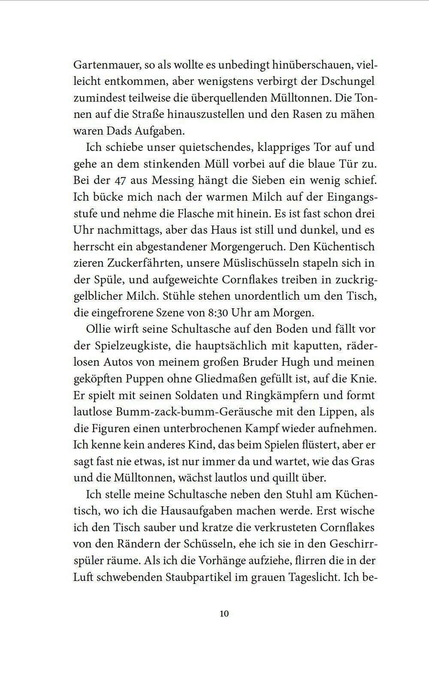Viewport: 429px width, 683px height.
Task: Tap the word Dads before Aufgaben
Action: [x=129, y=131]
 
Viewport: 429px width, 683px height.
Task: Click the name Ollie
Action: [x=100, y=329]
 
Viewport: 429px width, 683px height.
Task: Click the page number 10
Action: [x=224, y=614]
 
